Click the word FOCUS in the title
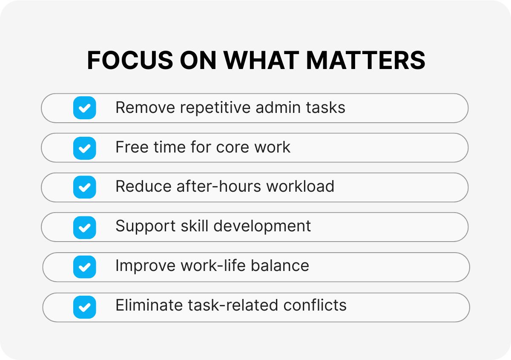point(130,60)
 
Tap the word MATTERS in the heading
point(366,60)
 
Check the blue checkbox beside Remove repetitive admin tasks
point(85,108)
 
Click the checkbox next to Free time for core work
point(85,148)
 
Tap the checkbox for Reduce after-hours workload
point(85,187)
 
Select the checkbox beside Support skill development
point(85,228)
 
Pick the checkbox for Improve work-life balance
point(85,267)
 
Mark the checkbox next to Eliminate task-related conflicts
point(85,307)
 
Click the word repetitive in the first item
point(215,108)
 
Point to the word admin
point(278,107)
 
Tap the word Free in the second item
point(132,147)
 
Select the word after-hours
point(219,186)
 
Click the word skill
point(195,226)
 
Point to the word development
point(262,227)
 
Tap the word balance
point(280,265)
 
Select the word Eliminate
point(149,305)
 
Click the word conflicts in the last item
point(315,305)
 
